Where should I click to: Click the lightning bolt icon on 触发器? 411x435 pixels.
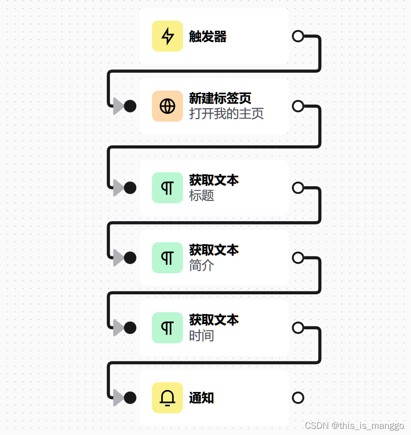coord(167,36)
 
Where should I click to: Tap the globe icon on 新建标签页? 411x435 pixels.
coord(167,106)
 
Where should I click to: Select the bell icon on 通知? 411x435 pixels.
coord(167,398)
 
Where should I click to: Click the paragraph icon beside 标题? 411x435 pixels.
coord(167,188)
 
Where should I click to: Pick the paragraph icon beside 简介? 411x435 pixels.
coord(167,258)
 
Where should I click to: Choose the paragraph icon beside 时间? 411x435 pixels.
coord(167,328)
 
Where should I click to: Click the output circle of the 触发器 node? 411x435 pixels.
coord(298,36)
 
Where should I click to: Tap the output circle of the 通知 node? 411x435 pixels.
coord(298,398)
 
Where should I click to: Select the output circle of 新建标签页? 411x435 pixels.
coord(298,106)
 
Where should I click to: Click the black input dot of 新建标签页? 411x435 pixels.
coord(130,106)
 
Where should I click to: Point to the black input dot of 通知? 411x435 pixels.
coord(130,398)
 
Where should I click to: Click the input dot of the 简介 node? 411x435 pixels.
coord(130,258)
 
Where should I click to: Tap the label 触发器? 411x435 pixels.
coord(208,36)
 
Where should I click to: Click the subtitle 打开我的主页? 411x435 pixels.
coord(226,114)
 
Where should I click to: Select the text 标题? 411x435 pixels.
coord(201,195)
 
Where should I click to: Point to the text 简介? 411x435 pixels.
coord(201,265)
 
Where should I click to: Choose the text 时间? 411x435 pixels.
coord(201,335)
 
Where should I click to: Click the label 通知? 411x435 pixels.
coord(201,398)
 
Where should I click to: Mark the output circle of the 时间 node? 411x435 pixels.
coord(298,328)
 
